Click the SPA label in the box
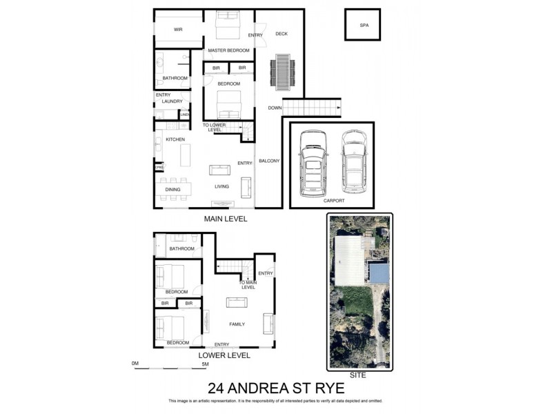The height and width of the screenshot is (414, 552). coord(364,26)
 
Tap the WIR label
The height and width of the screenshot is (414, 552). coord(178,30)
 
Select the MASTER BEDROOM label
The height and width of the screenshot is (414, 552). coord(228,50)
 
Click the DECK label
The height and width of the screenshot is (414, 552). coord(281,34)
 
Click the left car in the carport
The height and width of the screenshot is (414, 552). coord(311,164)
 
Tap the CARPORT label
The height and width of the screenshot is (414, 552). coord(333,200)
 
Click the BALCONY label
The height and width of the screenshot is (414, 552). coord(268,161)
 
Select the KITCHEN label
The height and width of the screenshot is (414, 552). coord(175,140)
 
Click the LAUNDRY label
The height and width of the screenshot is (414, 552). coord(172,101)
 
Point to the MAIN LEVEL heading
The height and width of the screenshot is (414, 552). coord(225,219)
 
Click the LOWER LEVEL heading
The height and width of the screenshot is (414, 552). coord(225,356)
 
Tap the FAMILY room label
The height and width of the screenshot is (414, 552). coord(237,324)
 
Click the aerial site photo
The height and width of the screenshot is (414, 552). coord(359,290)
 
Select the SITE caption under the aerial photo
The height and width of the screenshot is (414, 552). coord(359,377)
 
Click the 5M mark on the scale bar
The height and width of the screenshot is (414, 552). coord(205,364)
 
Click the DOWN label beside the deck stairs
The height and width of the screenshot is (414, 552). coord(275,108)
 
